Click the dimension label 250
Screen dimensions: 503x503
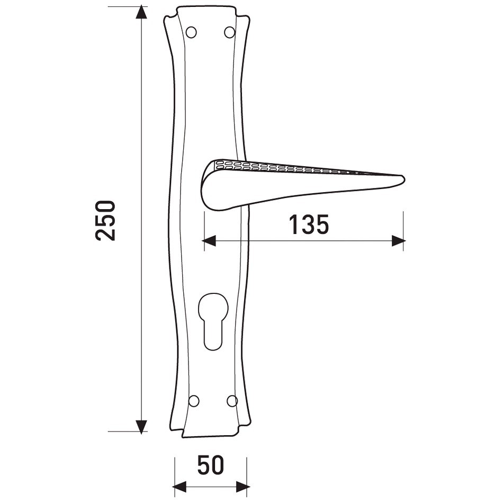pyautogui.click(x=105, y=220)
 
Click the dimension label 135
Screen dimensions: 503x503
pyautogui.click(x=309, y=224)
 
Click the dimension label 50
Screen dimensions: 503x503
pyautogui.click(x=210, y=465)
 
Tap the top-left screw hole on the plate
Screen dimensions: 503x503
pyautogui.click(x=191, y=32)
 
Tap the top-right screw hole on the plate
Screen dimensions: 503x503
pyautogui.click(x=230, y=32)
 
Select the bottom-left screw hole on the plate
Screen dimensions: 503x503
pyautogui.click(x=194, y=401)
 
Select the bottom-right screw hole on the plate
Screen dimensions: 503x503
pyautogui.click(x=232, y=401)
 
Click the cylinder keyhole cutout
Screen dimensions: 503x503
pyautogui.click(x=213, y=321)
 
